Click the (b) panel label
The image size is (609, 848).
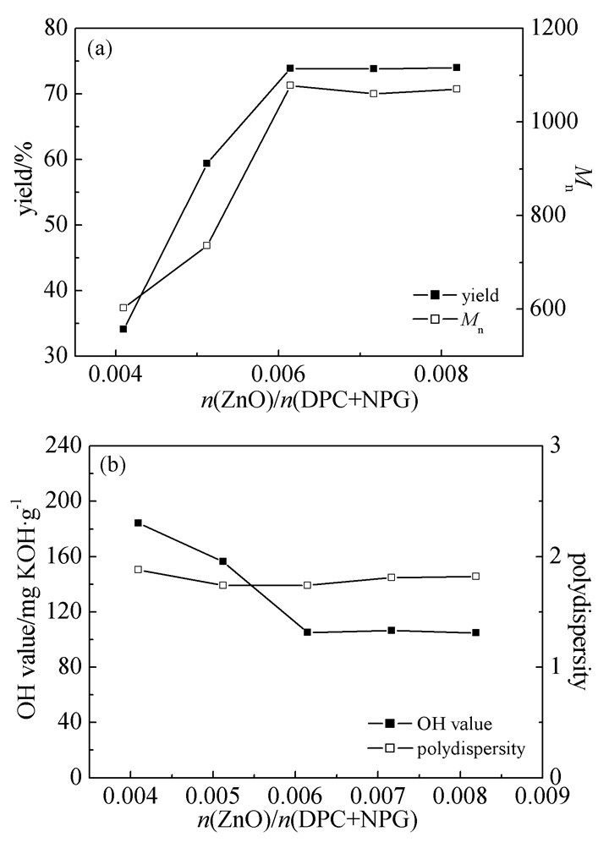click(114, 465)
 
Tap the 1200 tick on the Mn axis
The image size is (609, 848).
click(549, 28)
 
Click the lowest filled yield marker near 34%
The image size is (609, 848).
click(123, 329)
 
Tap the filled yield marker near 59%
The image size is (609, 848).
click(206, 163)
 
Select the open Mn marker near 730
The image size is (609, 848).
click(206, 245)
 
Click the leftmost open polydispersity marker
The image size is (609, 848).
click(138, 569)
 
